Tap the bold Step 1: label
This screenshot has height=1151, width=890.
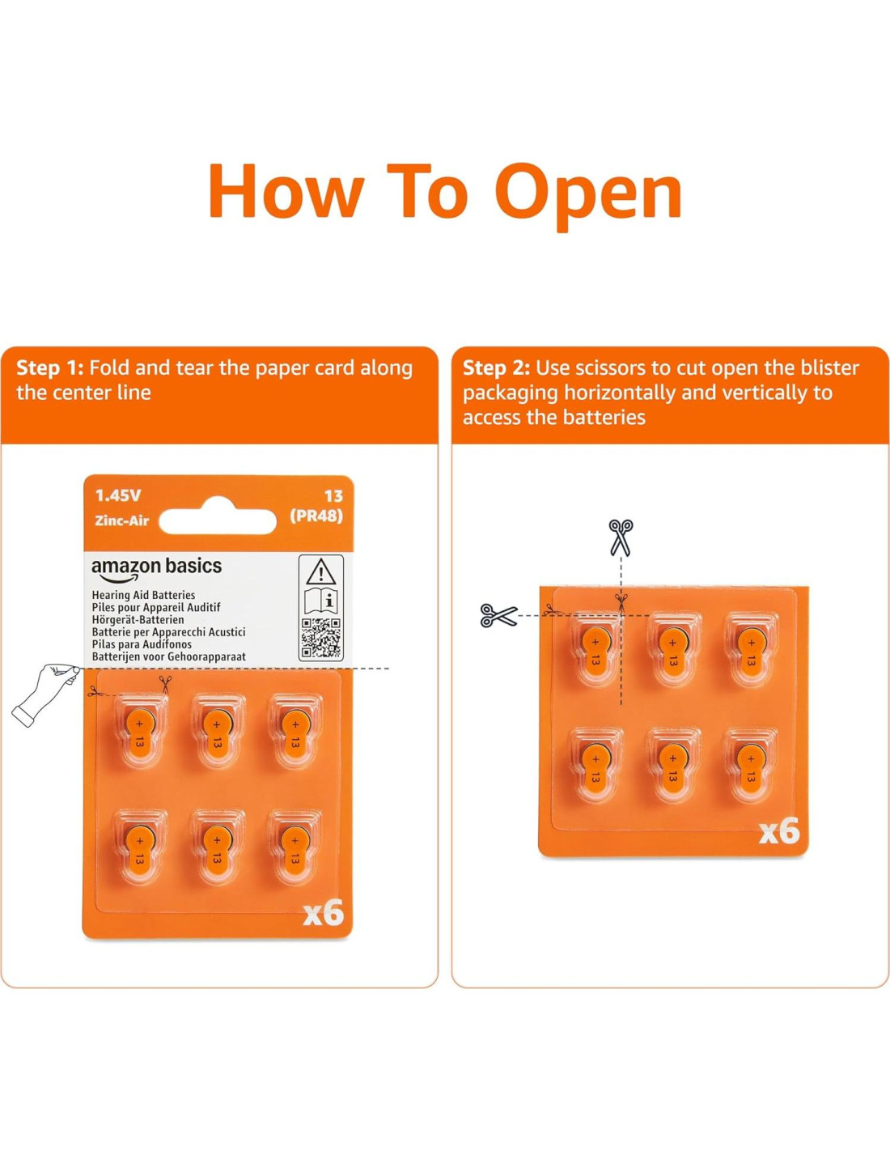pos(50,368)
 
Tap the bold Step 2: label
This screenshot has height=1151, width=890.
pos(496,368)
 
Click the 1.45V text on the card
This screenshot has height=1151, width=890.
pos(118,496)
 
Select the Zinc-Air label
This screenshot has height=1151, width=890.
pos(122,520)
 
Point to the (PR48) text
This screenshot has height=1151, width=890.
pos(316,516)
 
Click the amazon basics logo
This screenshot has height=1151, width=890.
pos(157,568)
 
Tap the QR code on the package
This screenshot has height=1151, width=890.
pos(321,638)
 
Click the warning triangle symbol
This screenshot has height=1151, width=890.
pos(320,572)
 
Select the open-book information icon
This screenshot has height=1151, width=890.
pos(321,601)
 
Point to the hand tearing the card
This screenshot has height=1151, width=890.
pos(46,694)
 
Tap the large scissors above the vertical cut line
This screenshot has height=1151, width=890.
pos(621,537)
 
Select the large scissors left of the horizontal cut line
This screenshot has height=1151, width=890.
pos(498,615)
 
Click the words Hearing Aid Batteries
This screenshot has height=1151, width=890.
pos(143,595)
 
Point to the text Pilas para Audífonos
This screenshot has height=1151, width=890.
pos(142,644)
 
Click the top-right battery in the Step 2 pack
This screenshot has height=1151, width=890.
pos(750,650)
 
